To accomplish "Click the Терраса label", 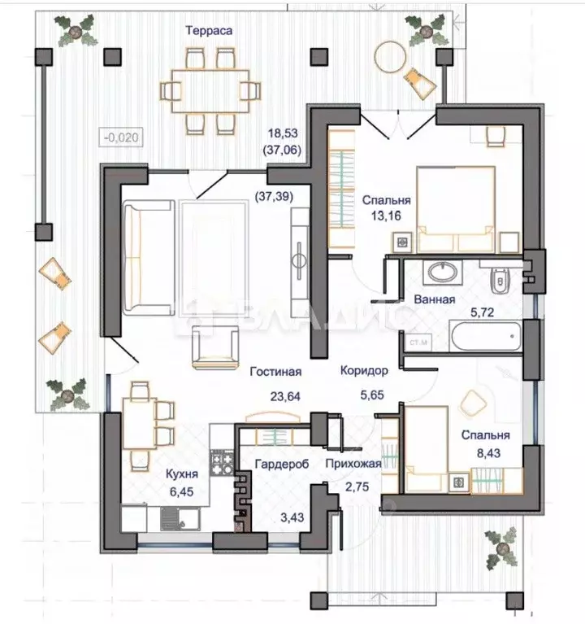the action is tap(209, 31).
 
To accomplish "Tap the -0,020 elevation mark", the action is tap(121, 137).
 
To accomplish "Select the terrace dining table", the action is tap(210, 92).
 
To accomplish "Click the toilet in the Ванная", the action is tap(499, 280).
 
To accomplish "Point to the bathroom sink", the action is tap(442, 273).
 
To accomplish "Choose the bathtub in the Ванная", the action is tap(485, 336).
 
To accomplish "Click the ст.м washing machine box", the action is tap(418, 343).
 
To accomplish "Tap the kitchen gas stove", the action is tap(222, 463).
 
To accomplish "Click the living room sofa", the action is tap(149, 258).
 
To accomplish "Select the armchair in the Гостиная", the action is tap(215, 347).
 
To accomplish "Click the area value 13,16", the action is tap(386, 216).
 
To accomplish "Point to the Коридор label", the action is tap(364, 371).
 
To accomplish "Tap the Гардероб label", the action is tap(282, 464).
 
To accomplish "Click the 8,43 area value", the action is tap(488, 453).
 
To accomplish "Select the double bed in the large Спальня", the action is tap(456, 210).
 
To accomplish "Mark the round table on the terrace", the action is tap(391, 57).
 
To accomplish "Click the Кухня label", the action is tap(182, 474).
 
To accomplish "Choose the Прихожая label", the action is tap(353, 464).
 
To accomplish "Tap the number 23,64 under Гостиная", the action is tap(285, 397).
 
